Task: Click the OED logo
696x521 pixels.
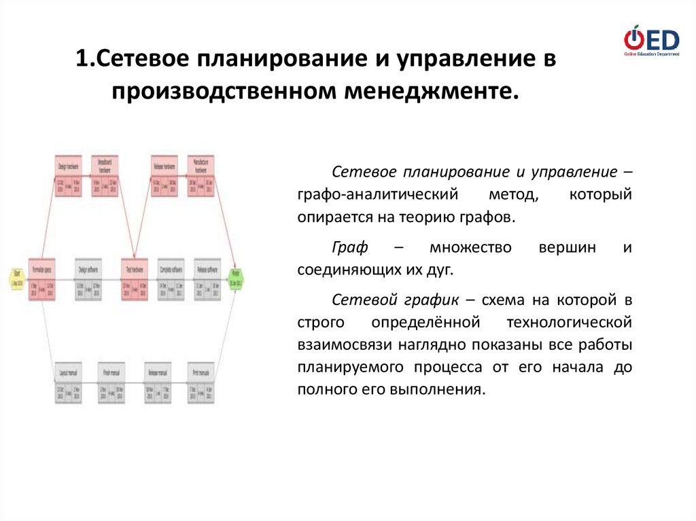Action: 651,40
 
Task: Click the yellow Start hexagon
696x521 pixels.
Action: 17,278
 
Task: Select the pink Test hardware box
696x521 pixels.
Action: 135,279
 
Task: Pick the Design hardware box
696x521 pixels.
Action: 69,176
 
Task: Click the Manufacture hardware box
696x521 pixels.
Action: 200,176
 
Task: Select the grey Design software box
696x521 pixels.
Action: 88,279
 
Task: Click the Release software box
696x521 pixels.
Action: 207,279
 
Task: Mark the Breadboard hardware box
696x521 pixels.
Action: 105,176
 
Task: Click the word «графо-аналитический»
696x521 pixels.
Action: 375,196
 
